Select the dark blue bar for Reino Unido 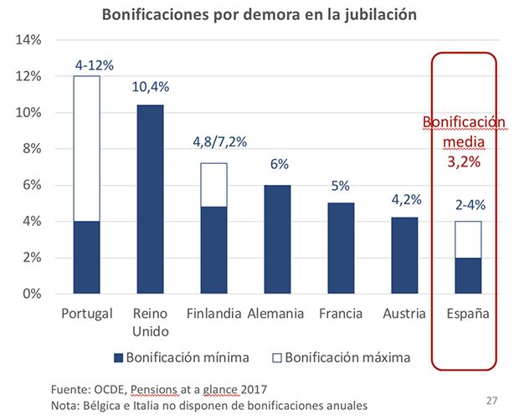tap(150, 199)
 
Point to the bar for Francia tap(341, 248)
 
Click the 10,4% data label tap(150, 87)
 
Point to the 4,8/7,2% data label tap(215, 142)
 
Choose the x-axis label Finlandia tap(215, 314)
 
